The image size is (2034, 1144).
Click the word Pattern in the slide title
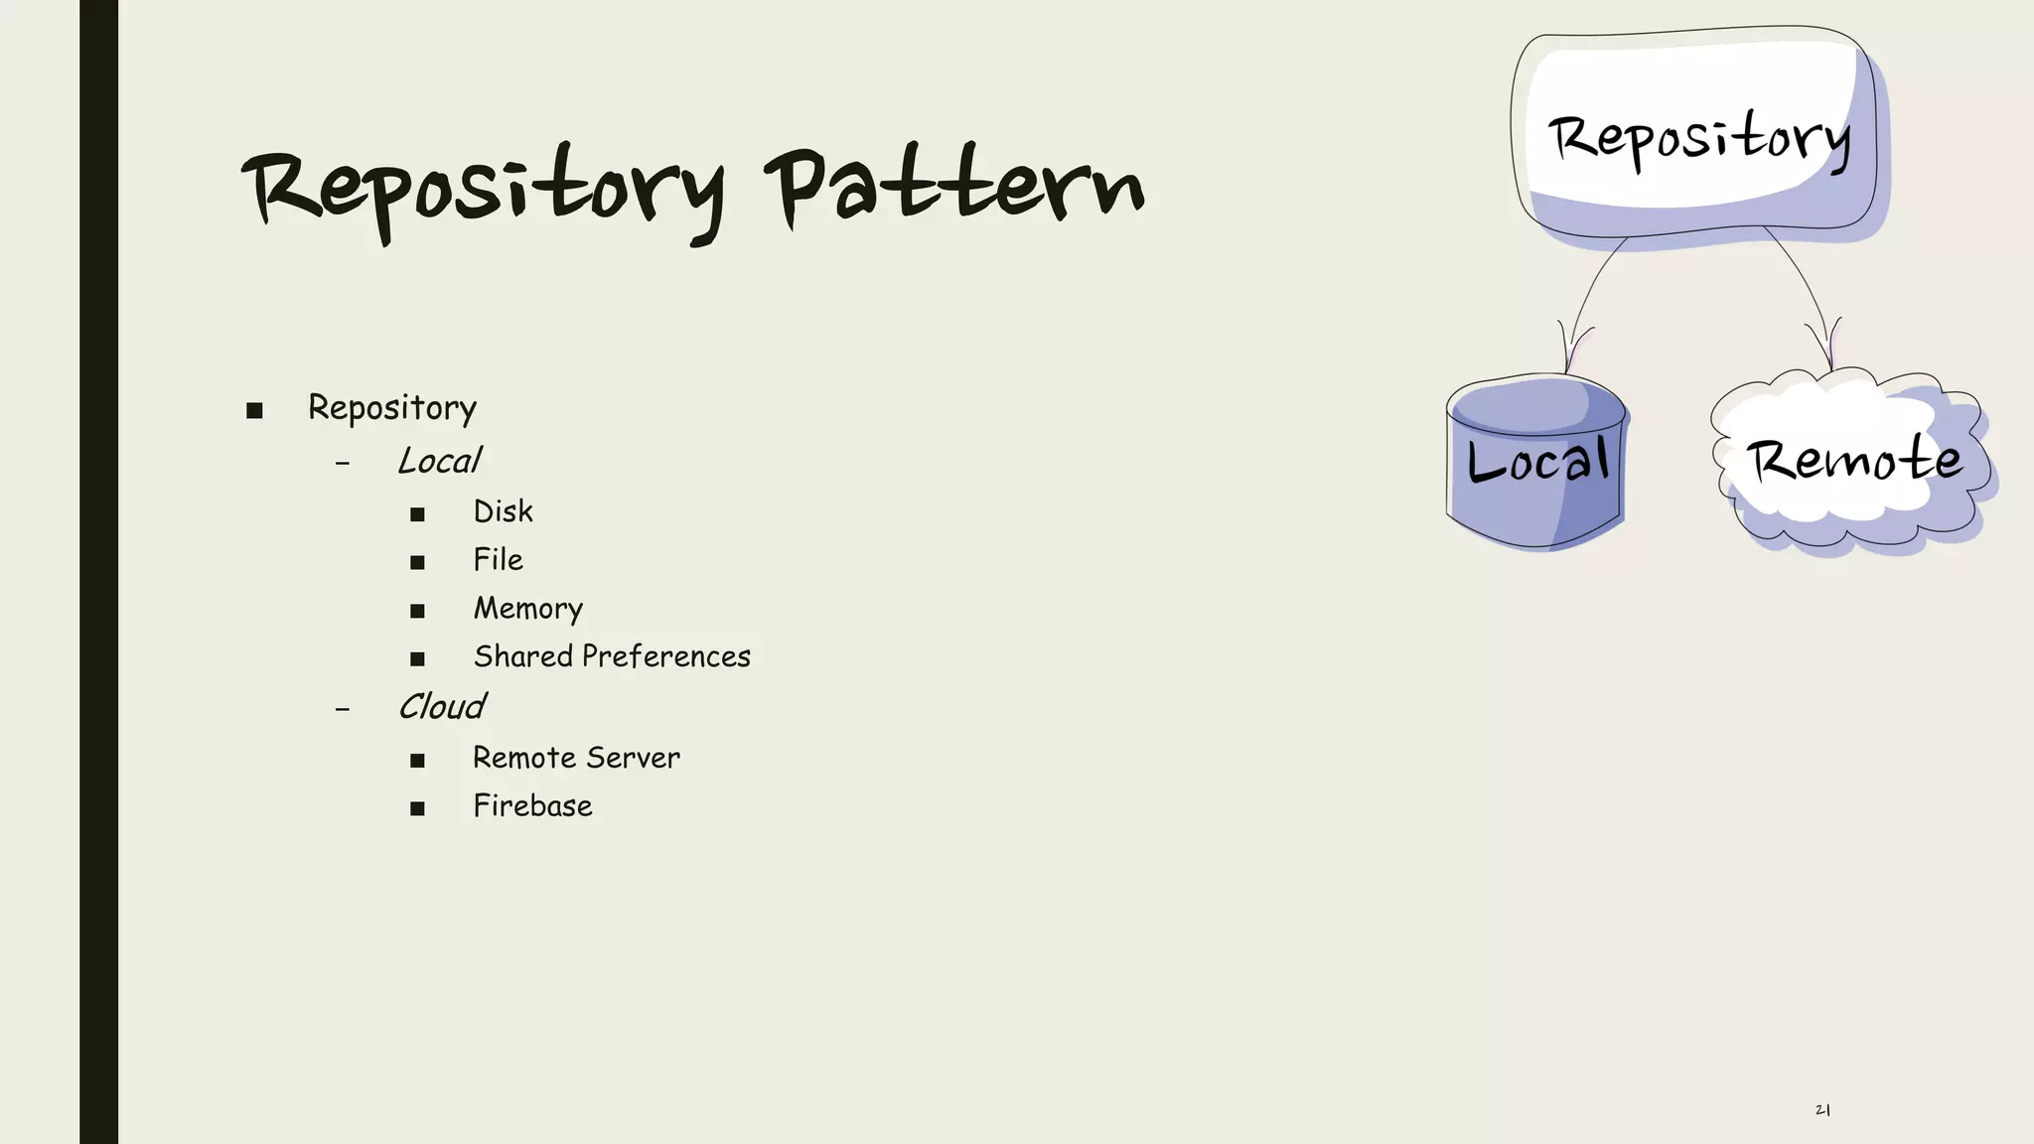point(953,189)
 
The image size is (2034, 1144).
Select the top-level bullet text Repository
point(392,408)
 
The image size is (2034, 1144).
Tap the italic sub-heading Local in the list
point(439,461)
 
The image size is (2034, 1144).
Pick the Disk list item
point(503,511)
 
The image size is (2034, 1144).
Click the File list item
point(498,560)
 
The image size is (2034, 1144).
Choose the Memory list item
point(527,609)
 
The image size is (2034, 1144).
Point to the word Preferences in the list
point(665,656)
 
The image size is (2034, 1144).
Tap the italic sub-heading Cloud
point(441,707)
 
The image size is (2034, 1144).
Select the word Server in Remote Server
point(633,758)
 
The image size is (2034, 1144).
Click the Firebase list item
point(532,806)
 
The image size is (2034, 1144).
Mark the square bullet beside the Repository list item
point(254,411)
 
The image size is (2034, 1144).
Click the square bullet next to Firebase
point(417,809)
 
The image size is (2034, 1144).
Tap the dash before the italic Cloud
point(343,710)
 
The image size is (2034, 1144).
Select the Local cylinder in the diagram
point(1535,462)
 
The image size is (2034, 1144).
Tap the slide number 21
point(1822,1110)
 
